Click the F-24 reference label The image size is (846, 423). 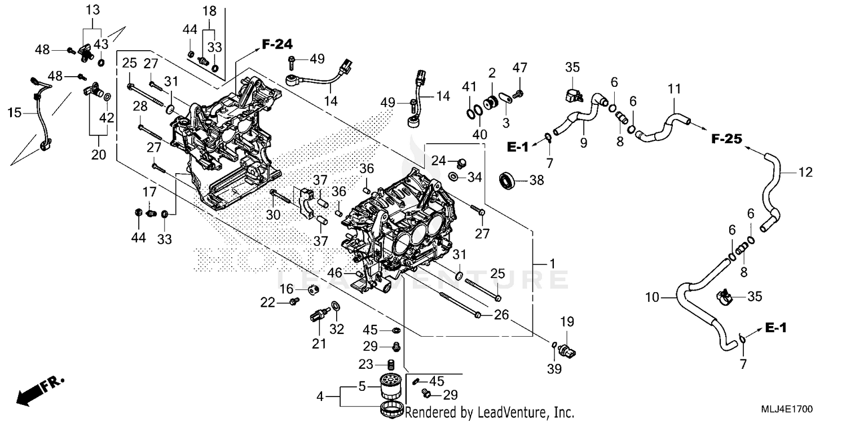tap(277, 43)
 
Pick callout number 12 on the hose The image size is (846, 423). tap(805, 173)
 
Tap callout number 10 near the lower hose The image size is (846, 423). tap(653, 296)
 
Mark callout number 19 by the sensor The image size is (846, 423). tap(566, 322)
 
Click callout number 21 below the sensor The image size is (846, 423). tap(319, 343)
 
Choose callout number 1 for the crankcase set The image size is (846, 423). tap(553, 263)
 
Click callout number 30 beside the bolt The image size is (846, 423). tap(273, 215)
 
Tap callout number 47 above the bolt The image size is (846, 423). tap(519, 68)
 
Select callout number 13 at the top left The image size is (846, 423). tap(92, 10)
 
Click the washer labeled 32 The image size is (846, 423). tap(336, 306)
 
